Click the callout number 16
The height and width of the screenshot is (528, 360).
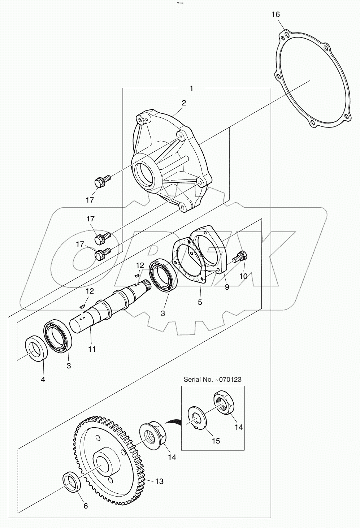[276, 14]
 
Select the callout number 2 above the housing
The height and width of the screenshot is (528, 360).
[184, 103]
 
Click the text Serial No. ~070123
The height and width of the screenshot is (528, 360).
[212, 380]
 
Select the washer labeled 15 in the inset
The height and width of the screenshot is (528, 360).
[196, 419]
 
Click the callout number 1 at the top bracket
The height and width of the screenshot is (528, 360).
[191, 88]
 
